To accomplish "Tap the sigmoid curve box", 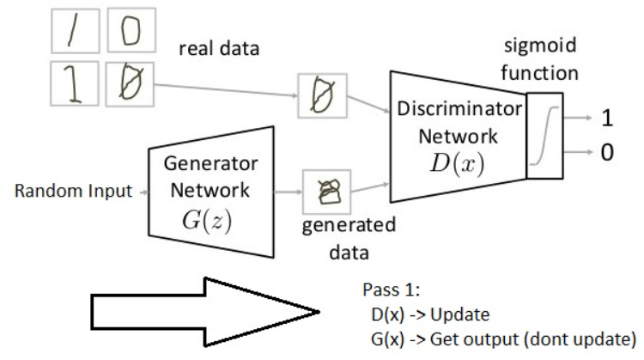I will point(543,136).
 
